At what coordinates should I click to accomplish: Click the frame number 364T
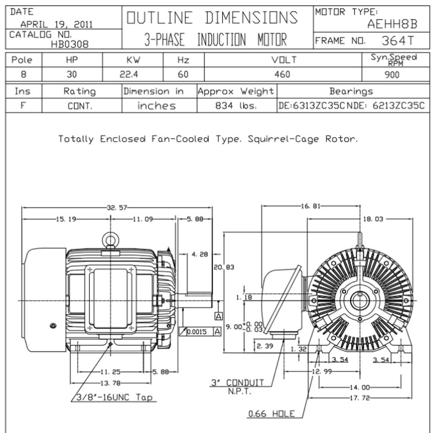pos(398,41)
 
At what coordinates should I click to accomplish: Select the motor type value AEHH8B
pos(392,24)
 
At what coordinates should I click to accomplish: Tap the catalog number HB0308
pos(69,44)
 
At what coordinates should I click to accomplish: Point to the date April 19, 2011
pos(56,24)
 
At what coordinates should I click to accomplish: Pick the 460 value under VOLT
pos(282,75)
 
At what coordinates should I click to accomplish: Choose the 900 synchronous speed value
pos(392,75)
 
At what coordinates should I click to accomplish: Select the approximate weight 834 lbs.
pos(236,106)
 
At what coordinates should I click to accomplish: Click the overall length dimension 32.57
pos(117,208)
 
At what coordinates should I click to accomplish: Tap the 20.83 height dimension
pos(224,267)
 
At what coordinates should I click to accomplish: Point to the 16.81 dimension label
pos(310,206)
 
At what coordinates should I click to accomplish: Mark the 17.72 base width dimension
pos(359,398)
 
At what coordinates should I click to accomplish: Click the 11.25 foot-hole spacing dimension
pos(110,372)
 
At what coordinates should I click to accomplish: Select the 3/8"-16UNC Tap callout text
pos(114,398)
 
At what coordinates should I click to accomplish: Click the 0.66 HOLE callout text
pos(272,414)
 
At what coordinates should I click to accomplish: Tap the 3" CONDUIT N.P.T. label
pos(238,386)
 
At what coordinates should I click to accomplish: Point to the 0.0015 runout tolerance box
pos(197,332)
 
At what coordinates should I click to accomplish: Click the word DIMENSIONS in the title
pos(251,18)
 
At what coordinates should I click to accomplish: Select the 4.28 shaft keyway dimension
pos(199,254)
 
